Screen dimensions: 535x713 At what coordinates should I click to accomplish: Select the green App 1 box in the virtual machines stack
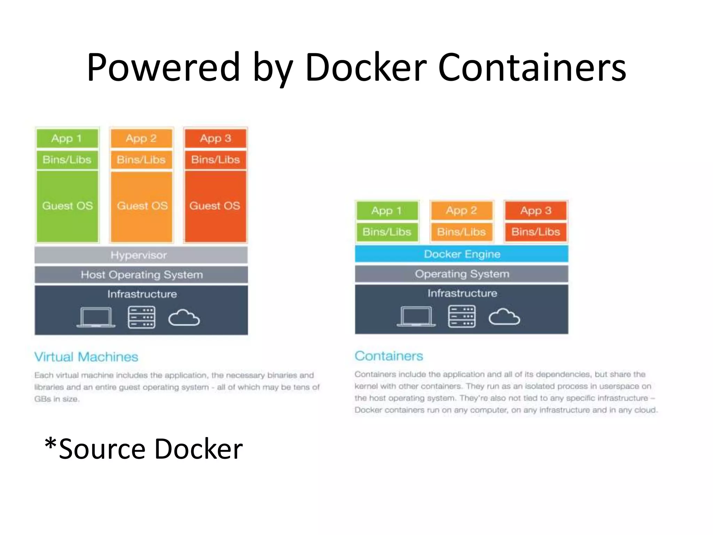[67, 138]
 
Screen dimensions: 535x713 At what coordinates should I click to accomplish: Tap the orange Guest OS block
[142, 206]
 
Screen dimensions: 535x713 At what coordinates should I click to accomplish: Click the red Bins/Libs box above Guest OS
[216, 160]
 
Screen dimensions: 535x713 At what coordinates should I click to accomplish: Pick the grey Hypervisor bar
[141, 255]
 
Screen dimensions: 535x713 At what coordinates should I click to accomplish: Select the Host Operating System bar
[141, 274]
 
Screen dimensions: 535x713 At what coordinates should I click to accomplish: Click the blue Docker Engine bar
[462, 254]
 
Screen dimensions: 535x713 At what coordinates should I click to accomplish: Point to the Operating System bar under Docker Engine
[462, 274]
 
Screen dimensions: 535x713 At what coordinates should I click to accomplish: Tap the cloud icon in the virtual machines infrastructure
[184, 318]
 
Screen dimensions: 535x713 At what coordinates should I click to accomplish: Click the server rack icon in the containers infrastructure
[462, 316]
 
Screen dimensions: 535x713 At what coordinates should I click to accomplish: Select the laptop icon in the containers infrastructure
[416, 316]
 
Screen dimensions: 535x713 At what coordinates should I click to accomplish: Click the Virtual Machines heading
[86, 357]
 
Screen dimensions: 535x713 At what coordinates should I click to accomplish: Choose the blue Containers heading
[389, 356]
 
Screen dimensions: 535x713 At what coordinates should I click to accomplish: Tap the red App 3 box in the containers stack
[536, 210]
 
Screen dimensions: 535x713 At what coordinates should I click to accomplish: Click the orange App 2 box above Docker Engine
[461, 210]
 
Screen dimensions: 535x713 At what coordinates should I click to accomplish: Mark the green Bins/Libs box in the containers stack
[387, 232]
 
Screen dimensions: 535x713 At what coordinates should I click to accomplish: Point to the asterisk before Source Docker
[50, 444]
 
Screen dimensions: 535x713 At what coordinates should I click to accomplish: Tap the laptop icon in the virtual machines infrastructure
[96, 317]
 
